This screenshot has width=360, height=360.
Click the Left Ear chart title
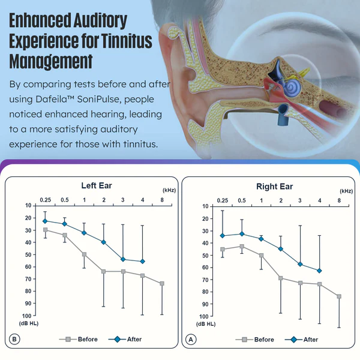97,185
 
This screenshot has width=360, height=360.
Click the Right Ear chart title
274,186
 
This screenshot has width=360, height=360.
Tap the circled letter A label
191,340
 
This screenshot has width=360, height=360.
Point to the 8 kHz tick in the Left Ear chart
162,199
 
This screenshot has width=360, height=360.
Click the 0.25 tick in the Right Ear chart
223,200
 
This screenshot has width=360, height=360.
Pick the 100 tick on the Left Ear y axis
28,316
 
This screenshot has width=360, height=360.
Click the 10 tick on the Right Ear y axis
206,206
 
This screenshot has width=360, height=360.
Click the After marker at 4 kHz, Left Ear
142,262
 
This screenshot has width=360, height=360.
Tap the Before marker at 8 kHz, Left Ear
162,283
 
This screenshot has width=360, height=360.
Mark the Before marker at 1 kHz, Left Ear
84,254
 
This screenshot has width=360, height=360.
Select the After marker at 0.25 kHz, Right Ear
223,236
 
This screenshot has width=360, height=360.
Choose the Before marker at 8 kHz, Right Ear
339,296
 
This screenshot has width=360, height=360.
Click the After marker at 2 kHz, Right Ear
280,248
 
